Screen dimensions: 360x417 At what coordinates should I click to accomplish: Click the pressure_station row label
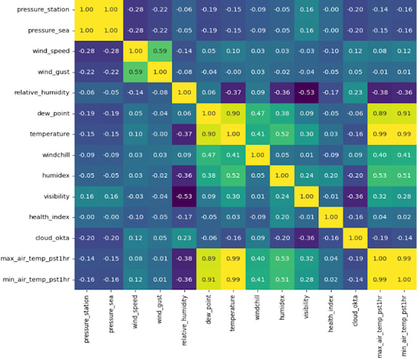[x=37, y=10]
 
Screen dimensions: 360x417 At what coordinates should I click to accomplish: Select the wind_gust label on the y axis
[x=51, y=72]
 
